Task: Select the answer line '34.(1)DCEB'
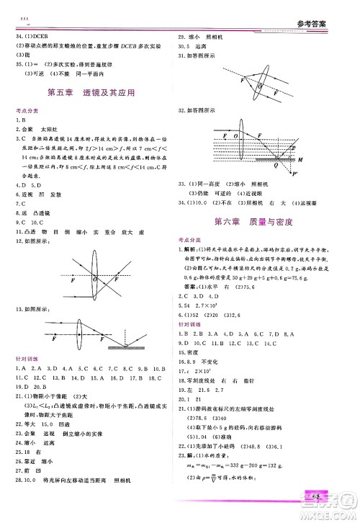(x=30, y=36)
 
